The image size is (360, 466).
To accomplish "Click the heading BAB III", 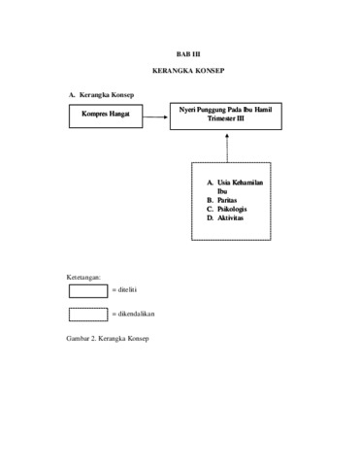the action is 188,54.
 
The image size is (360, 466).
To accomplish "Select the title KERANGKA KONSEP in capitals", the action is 188,71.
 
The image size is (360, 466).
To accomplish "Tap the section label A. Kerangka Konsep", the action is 101,95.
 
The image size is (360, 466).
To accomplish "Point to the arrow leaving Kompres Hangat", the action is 155,116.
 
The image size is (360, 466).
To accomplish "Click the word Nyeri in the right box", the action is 187,110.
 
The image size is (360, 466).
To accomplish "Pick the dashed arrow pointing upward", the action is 227,148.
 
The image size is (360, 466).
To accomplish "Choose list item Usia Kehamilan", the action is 240,183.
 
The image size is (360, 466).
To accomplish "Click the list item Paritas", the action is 227,200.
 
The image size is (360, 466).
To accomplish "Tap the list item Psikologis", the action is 232,209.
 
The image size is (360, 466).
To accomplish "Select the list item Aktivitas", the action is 230,217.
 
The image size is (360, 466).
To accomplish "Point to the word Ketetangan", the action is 83,278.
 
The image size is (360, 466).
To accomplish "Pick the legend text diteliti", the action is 127,289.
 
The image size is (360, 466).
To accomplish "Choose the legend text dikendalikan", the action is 136,314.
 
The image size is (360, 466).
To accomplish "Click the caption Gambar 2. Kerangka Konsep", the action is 108,339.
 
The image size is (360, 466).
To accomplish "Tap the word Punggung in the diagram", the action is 212,110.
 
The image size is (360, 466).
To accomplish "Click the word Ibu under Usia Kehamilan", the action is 222,191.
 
